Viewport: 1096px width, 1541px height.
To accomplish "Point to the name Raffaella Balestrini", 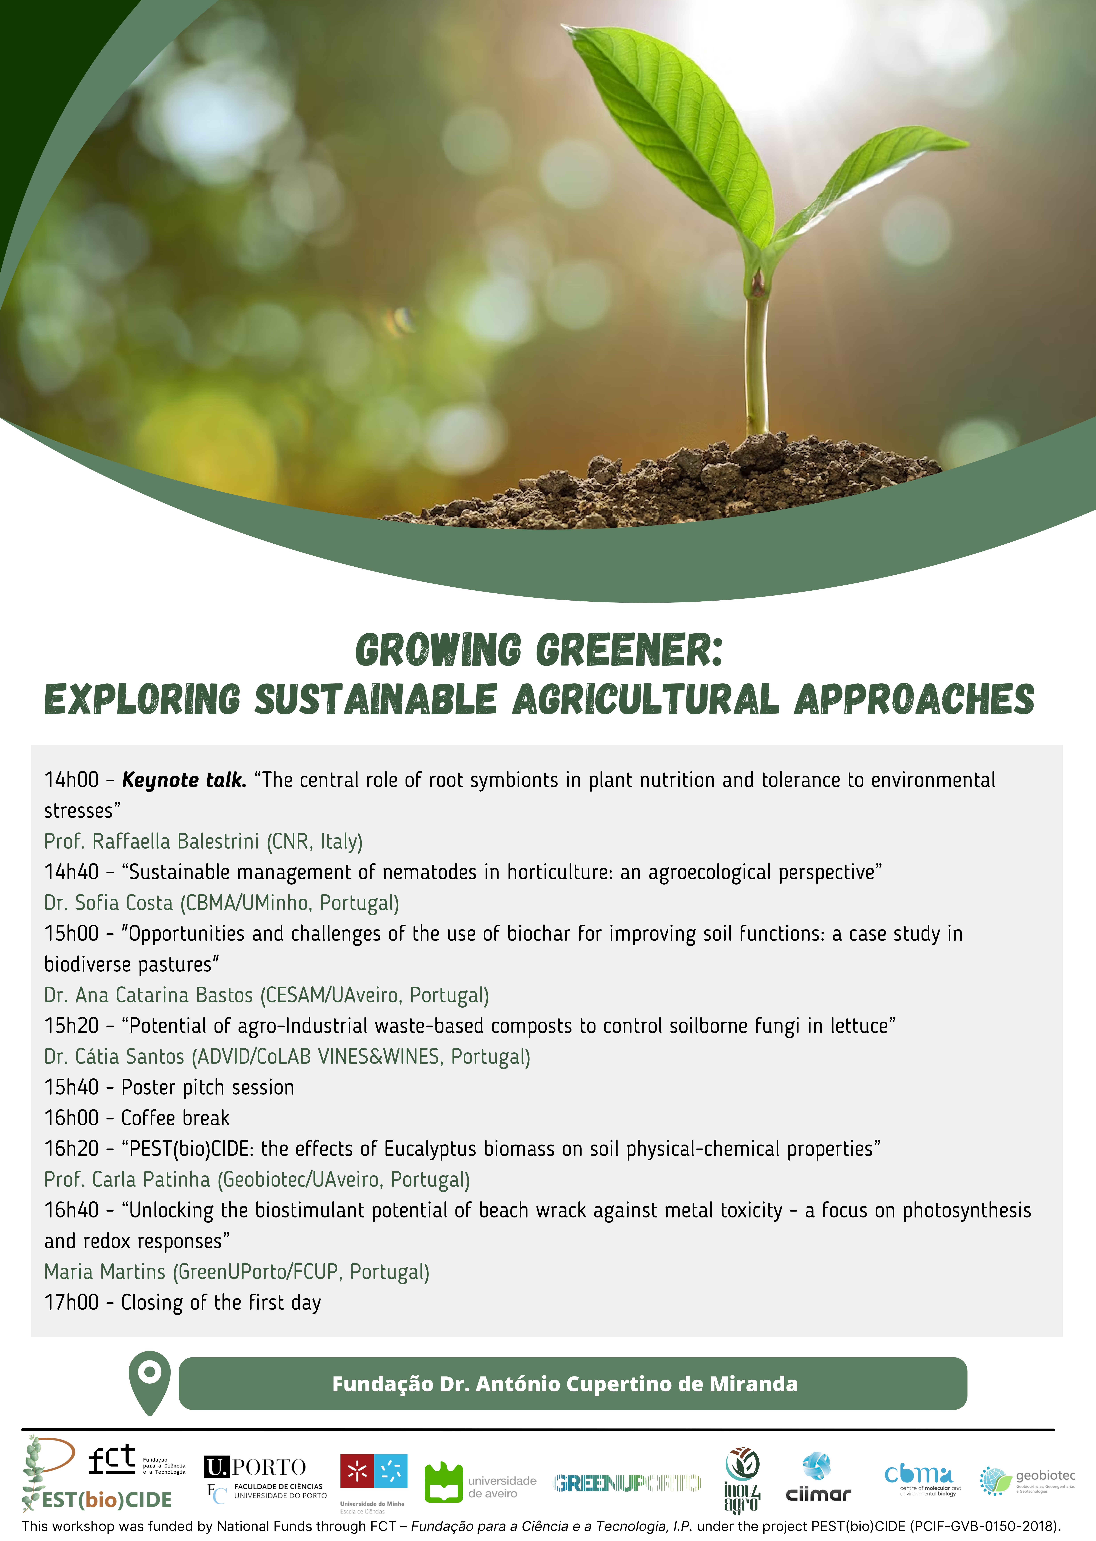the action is [x=176, y=841].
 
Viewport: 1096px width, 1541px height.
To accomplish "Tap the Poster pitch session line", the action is [x=169, y=1087].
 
